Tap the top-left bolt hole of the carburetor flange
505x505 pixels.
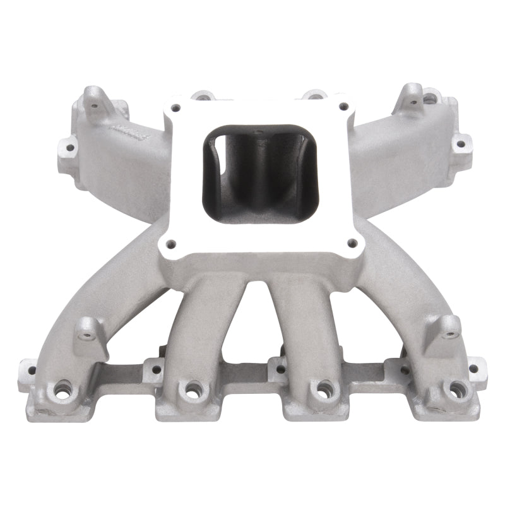[178, 106]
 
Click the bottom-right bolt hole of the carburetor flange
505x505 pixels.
[353, 241]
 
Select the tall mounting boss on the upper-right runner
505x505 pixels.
[413, 95]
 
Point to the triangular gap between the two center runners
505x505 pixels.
[255, 322]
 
